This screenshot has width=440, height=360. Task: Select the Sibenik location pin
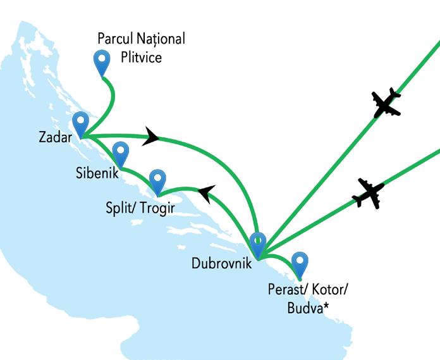[x=120, y=152]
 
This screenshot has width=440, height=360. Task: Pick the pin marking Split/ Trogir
[x=157, y=180]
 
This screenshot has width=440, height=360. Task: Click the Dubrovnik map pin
[x=257, y=243]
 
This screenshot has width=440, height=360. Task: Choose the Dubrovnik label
[x=221, y=261]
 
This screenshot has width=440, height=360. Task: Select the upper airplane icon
[x=386, y=103]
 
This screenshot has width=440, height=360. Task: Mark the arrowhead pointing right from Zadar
[x=151, y=136]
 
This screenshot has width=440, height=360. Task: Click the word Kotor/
[x=330, y=290]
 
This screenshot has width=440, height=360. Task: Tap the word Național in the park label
[x=161, y=39]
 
